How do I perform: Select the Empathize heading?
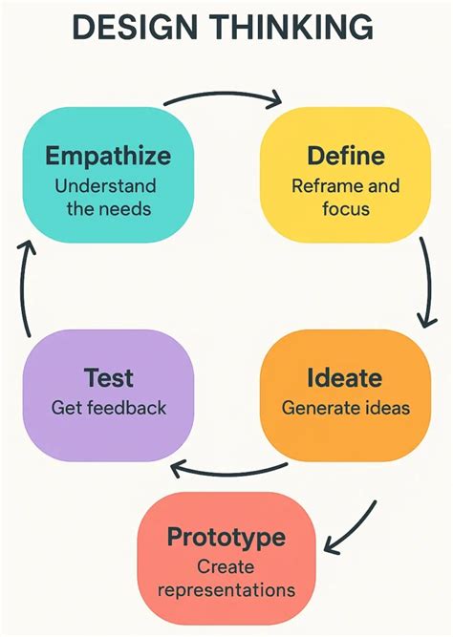[x=107, y=156]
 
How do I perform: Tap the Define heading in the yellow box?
[x=345, y=156]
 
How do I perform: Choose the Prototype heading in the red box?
[x=226, y=537]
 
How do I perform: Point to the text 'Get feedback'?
[x=108, y=408]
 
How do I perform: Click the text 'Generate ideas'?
[x=345, y=408]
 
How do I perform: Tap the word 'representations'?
[x=226, y=590]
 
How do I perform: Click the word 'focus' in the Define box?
[x=345, y=207]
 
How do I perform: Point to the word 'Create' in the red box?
[x=226, y=567]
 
